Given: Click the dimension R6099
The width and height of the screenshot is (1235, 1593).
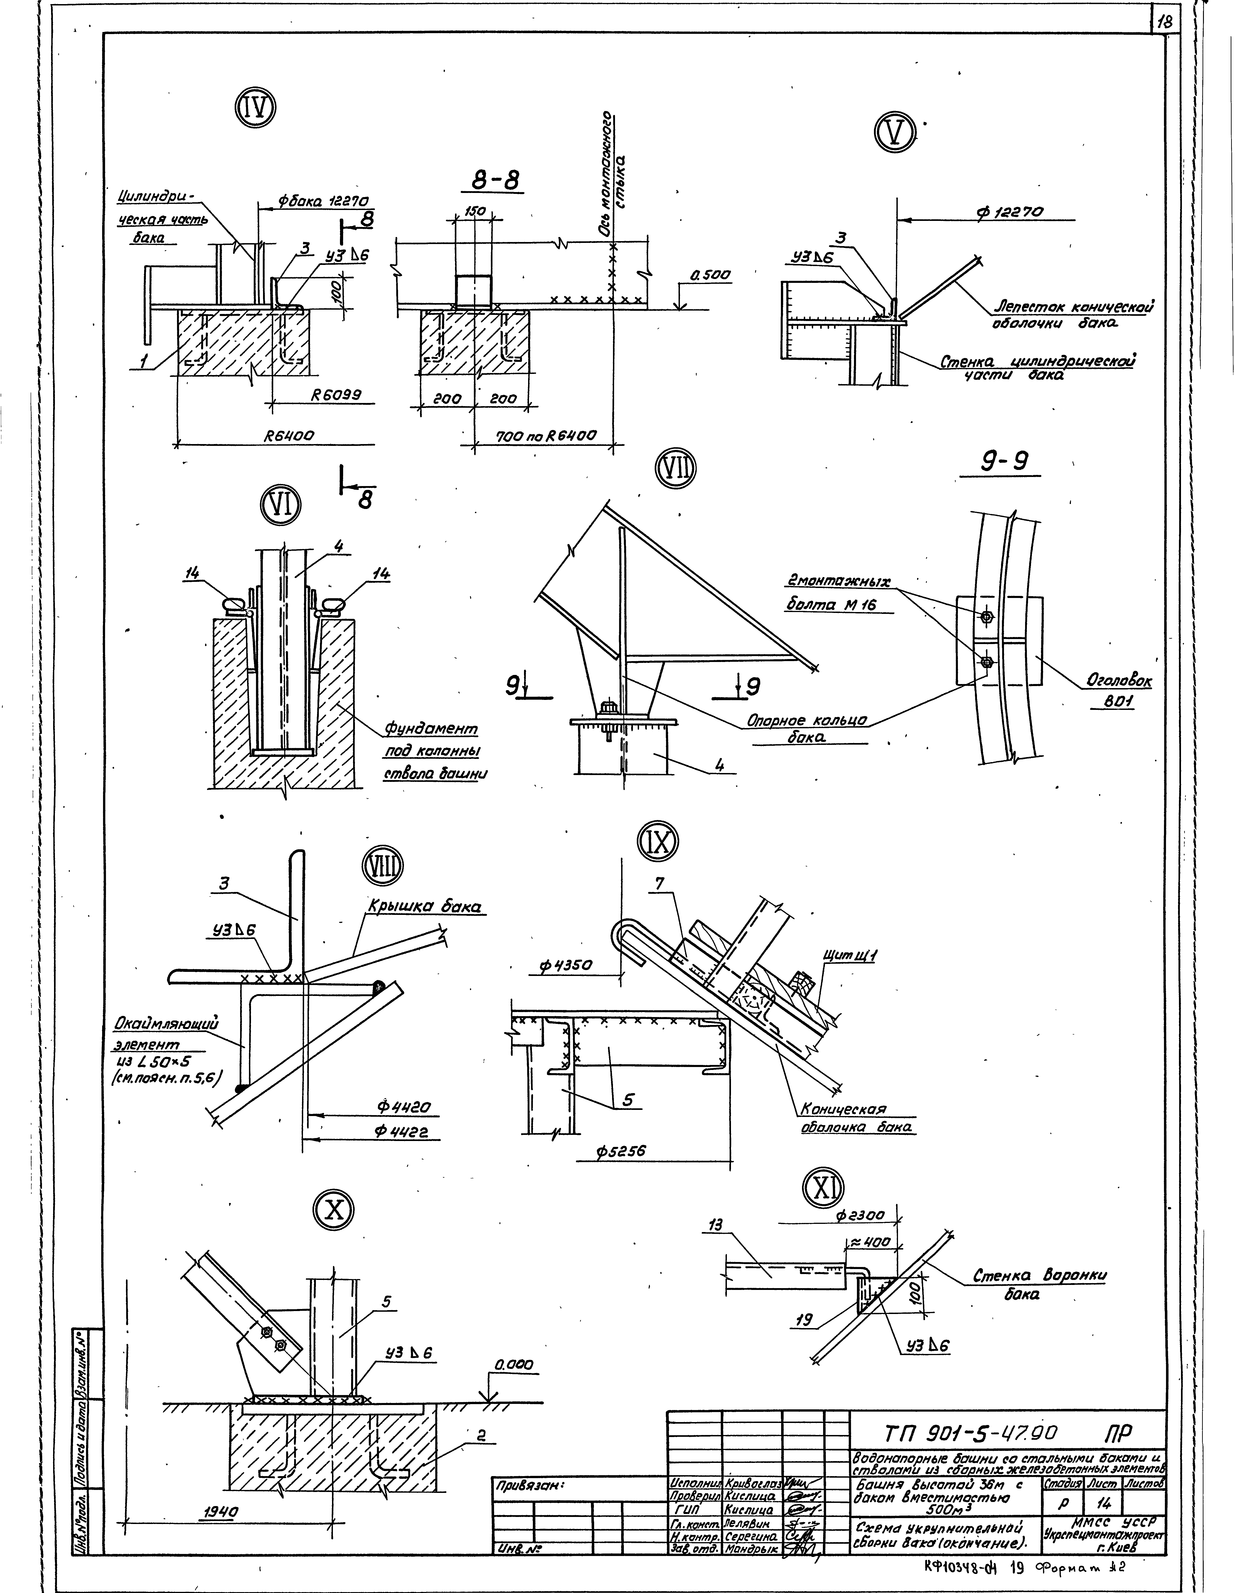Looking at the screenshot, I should (337, 395).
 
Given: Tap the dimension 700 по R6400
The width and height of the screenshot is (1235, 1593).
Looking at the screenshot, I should (545, 437).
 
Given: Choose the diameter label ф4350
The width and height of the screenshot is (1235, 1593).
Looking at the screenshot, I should (566, 966).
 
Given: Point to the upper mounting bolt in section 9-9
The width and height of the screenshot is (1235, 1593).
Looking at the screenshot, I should (986, 617).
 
